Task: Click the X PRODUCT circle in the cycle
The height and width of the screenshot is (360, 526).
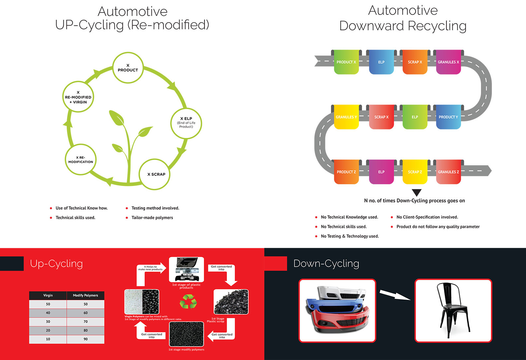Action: point(128,68)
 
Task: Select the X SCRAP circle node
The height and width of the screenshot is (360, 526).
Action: point(154,174)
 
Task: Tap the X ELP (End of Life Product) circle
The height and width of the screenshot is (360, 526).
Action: point(186,123)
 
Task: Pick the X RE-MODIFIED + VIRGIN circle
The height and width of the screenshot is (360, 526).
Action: point(78,97)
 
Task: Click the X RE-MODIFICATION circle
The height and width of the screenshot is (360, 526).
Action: point(81,159)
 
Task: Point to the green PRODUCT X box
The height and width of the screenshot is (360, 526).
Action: point(347,62)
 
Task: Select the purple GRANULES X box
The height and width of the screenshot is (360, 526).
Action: point(448,62)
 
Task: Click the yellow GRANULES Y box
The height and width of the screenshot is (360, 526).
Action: point(347,117)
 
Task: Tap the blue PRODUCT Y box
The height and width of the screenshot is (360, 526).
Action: point(448,117)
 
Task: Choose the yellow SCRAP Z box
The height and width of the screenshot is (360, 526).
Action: point(415,172)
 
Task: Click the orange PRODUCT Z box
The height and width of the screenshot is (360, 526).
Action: point(347,172)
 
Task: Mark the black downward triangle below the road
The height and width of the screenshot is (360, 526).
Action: point(417,192)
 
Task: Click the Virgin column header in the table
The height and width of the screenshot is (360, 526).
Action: point(48,295)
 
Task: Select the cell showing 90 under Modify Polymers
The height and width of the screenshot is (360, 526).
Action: point(85,339)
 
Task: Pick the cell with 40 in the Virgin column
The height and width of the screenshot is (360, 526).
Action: point(48,313)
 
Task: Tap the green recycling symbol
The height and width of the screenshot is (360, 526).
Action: point(188,302)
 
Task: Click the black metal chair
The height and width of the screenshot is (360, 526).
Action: point(453,310)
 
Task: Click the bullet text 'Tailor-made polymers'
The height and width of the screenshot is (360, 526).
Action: point(152,217)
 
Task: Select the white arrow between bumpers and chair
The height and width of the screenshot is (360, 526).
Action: point(395,295)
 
